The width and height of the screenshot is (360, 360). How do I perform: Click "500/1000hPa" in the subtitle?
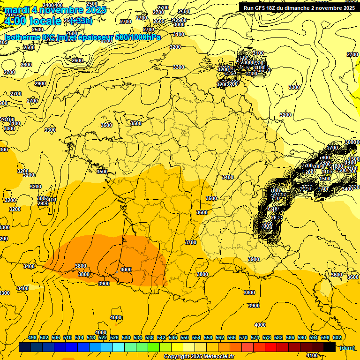pos(138,37)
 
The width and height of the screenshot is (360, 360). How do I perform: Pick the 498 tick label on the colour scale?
pos(32,337)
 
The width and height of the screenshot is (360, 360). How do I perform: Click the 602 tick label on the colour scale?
pos(337,337)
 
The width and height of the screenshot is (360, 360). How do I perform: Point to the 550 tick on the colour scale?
pos(185,337)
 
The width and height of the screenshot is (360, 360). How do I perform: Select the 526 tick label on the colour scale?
pos(114,337)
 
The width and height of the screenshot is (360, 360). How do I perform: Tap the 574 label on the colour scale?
pos(255,337)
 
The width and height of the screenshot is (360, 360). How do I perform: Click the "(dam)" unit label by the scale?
pos(347,348)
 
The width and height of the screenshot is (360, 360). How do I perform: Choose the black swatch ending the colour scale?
pos(330,347)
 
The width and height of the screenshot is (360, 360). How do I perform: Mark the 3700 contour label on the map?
pos(191,242)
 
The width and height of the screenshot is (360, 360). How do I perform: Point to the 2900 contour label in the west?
pos(40,83)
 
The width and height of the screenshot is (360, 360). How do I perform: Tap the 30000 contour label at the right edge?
pos(352,142)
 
